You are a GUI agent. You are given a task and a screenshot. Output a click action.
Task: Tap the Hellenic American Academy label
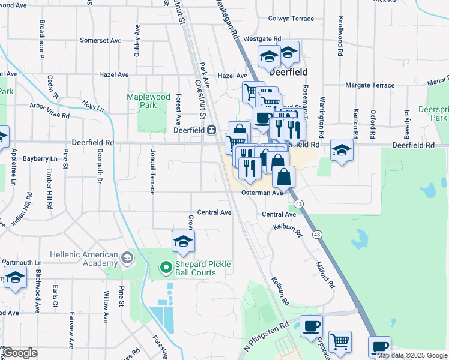coord(84,259)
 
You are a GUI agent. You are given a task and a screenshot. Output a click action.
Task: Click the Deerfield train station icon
coord(211,130)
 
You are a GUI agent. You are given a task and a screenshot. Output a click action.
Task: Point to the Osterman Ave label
coord(262,193)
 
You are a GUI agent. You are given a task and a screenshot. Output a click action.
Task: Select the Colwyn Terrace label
coord(291,19)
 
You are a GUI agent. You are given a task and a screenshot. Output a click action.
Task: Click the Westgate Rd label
coord(262,38)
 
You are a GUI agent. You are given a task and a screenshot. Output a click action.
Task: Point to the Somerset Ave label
coord(100,41)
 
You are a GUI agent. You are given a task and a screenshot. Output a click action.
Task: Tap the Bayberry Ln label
coord(39,159)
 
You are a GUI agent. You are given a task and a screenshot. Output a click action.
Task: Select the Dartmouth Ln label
coord(21,262)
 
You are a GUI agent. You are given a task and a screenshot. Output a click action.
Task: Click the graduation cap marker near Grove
coord(183,242)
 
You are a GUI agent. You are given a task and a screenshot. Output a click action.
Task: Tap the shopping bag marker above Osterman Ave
coord(284,177)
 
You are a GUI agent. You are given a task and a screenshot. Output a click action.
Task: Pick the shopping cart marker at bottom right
coord(340,341)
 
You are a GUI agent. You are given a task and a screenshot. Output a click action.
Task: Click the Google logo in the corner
coord(19,353)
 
